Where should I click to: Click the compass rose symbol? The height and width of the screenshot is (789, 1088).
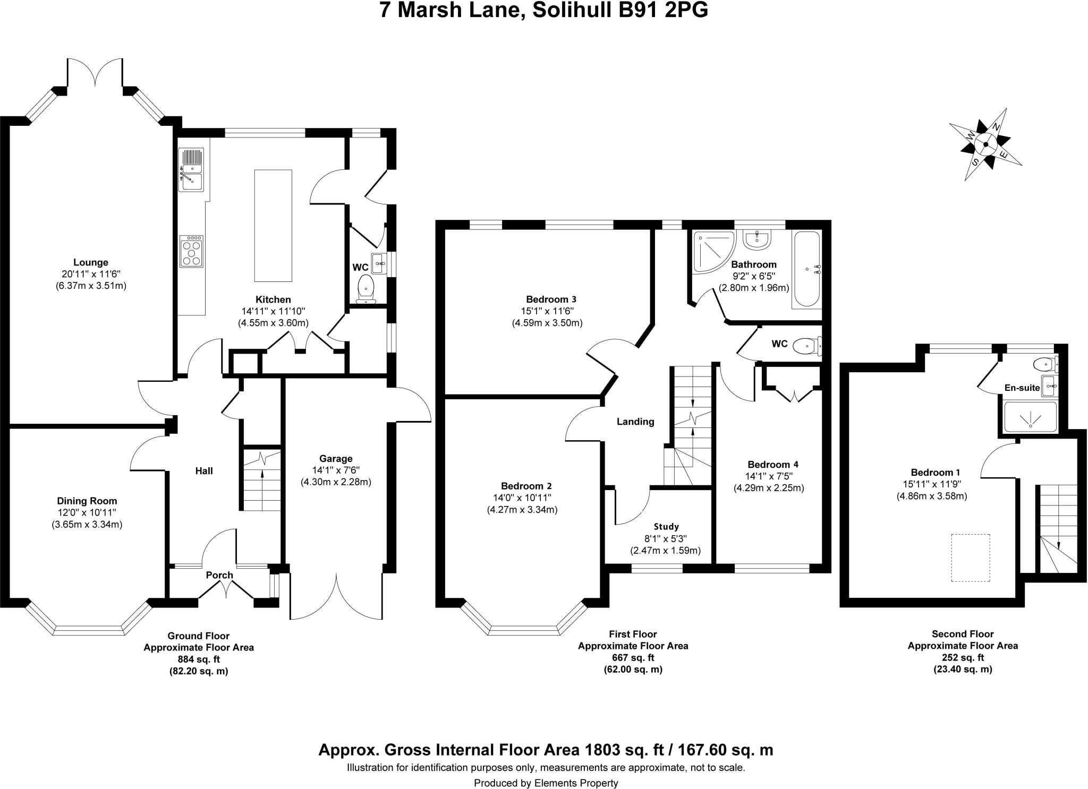tap(985, 144)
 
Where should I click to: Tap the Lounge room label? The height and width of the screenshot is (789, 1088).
tap(91, 262)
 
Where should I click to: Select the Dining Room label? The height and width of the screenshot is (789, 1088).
tap(87, 501)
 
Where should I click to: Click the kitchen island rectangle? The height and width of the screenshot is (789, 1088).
tap(273, 226)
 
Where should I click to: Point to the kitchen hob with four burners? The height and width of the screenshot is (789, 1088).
tap(192, 251)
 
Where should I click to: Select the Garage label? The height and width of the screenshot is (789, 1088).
tap(336, 458)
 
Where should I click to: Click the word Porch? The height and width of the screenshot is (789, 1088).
tap(219, 575)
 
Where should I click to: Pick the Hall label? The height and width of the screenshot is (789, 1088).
tap(204, 470)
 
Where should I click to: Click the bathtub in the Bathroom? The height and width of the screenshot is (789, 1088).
tap(806, 269)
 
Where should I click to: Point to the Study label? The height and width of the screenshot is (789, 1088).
tap(666, 527)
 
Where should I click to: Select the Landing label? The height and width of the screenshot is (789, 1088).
tap(635, 422)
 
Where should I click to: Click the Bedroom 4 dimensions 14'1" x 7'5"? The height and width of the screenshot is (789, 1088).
tap(769, 476)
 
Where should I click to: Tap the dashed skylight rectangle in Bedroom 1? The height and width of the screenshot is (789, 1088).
tap(971, 558)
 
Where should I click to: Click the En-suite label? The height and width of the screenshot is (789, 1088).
tap(1022, 388)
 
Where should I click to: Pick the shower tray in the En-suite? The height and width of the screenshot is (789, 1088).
tap(1030, 417)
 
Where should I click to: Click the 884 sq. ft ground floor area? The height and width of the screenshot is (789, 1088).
tap(199, 659)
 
